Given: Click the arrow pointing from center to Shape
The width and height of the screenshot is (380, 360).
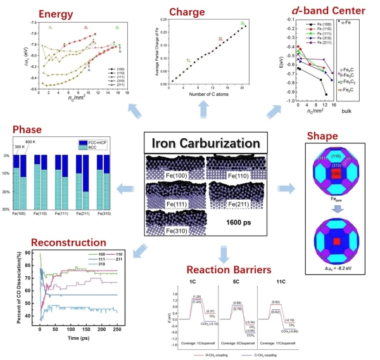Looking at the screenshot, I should pos(288,188).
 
